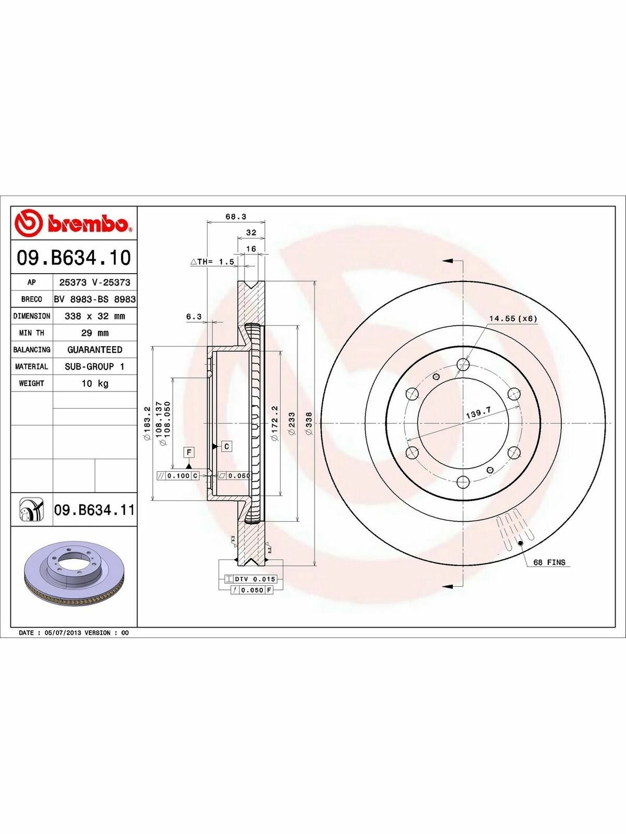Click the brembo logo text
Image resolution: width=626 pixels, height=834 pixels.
87,224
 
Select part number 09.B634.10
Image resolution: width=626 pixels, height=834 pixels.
74,257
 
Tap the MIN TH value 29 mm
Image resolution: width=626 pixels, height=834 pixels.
94,333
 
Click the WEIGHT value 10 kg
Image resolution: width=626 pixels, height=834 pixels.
95,383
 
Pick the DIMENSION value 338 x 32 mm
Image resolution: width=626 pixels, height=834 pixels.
94,316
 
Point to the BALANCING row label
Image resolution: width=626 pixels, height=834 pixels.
31,350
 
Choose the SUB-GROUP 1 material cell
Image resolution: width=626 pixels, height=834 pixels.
94,366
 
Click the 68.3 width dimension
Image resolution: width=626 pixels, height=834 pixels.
236,216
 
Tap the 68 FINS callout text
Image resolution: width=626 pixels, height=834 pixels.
549,562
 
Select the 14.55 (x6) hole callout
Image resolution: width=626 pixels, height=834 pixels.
513,318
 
